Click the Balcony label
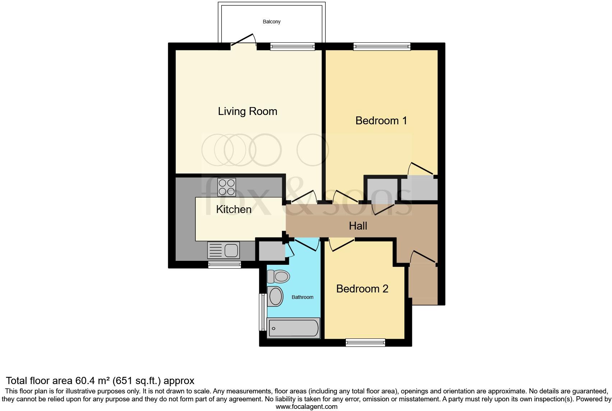pyautogui.click(x=272, y=22)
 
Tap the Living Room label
pyautogui.click(x=247, y=111)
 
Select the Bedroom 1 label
pyautogui.click(x=381, y=120)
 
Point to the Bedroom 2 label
pyautogui.click(x=362, y=288)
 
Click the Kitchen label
pyautogui.click(x=233, y=209)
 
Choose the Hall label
pyautogui.click(x=358, y=226)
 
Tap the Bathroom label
pyautogui.click(x=302, y=297)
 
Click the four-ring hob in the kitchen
pyautogui.click(x=227, y=187)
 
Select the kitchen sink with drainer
pyautogui.click(x=223, y=250)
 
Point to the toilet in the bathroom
pyautogui.click(x=278, y=277)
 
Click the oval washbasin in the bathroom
pyautogui.click(x=275, y=297)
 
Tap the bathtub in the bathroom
pyautogui.click(x=293, y=328)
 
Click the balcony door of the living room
pyautogui.click(x=243, y=40)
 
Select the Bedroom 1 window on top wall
pyautogui.click(x=381, y=46)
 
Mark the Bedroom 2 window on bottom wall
pyautogui.click(x=365, y=343)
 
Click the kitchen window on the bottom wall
pyautogui.click(x=224, y=265)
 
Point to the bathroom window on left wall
pyautogui.click(x=263, y=312)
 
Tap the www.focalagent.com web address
pyautogui.click(x=306, y=407)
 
